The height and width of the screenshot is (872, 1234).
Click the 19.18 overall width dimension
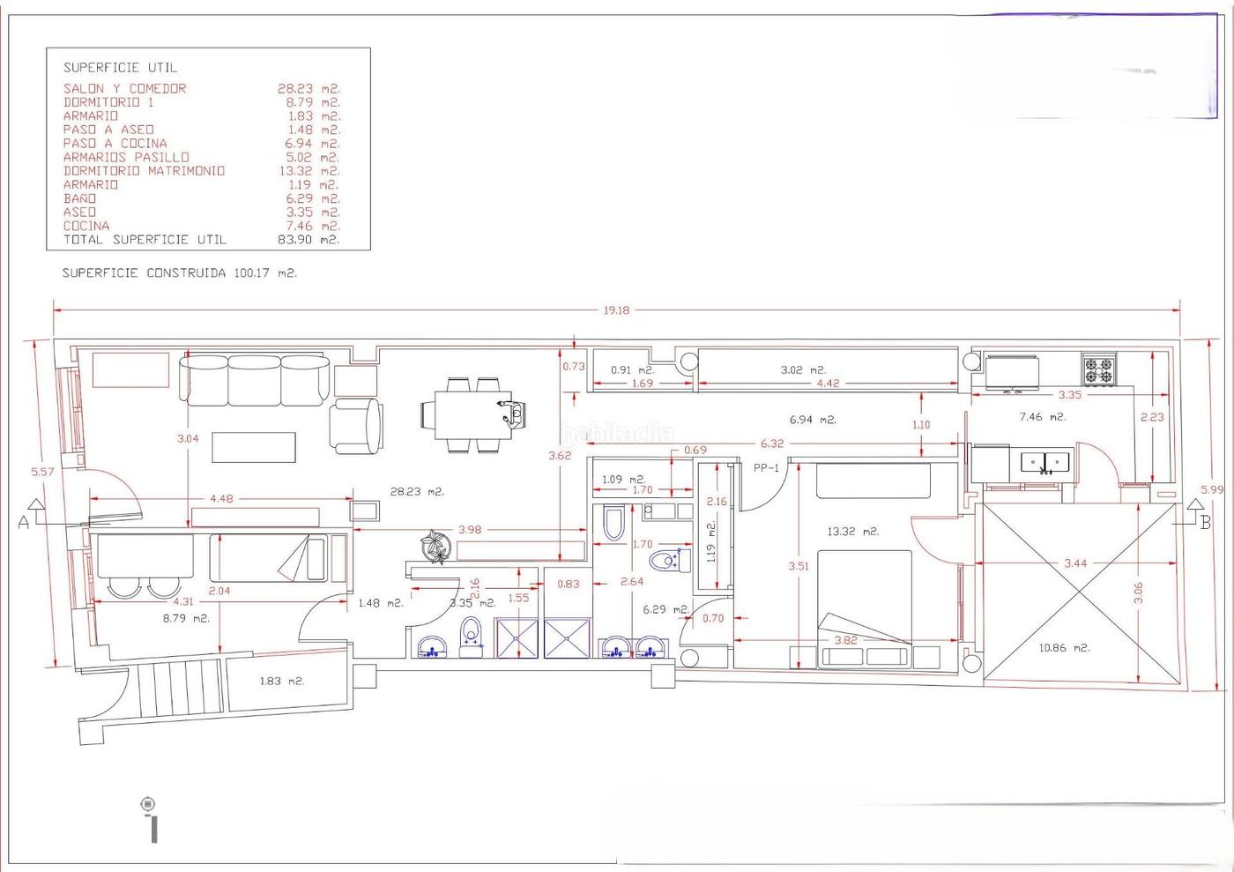616,310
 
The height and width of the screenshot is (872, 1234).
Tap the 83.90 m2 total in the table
308,240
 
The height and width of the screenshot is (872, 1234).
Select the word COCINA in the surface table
86,226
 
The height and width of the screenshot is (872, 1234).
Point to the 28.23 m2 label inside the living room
417,491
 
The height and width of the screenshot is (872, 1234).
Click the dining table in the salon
473,414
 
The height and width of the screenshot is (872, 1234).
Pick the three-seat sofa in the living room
255,381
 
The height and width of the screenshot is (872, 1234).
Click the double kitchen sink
1044,463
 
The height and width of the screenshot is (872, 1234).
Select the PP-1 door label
766,468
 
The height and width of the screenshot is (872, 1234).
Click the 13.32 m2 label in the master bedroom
853,532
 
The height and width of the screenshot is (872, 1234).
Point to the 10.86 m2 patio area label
1065,648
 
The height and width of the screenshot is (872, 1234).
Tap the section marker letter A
24,522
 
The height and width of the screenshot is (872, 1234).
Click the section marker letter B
1206,522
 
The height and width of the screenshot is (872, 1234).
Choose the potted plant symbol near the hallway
436,547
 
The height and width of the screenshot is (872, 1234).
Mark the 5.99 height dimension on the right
1212,489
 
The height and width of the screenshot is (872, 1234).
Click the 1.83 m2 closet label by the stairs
282,682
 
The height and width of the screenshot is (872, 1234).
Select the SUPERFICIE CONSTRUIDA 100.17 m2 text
180,272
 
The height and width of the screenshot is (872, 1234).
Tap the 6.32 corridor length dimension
772,443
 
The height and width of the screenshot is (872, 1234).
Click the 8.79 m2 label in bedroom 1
186,618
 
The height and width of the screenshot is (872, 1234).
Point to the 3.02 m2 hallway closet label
803,369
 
